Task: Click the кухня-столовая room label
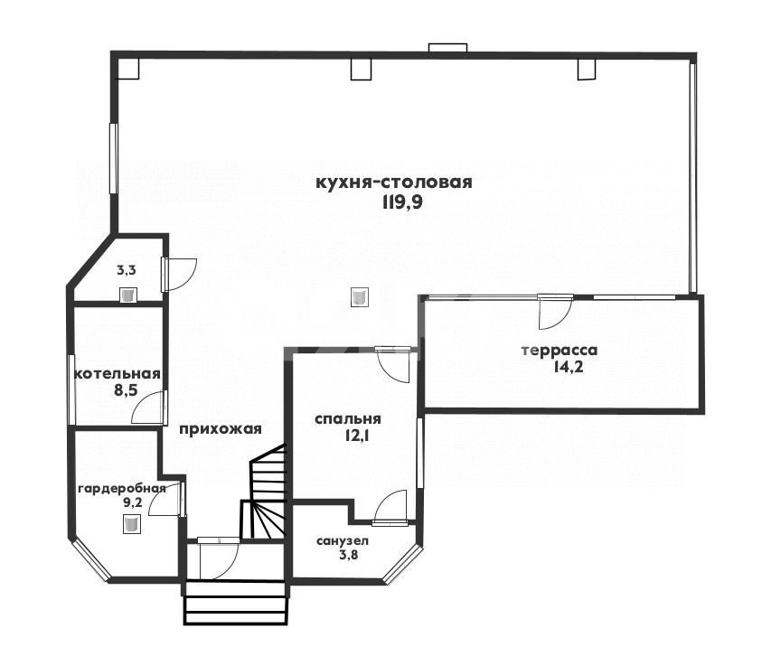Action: [x=393, y=183]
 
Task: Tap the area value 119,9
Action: [x=402, y=202]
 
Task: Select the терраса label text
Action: [x=560, y=351]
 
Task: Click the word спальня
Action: [x=348, y=418]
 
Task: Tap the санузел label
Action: [x=342, y=540]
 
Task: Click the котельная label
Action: [x=118, y=374]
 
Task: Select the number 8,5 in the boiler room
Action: [x=126, y=390]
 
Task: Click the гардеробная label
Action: [x=122, y=489]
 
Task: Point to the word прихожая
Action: [x=221, y=429]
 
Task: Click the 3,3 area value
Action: [x=126, y=271]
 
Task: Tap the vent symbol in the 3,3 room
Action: [x=128, y=295]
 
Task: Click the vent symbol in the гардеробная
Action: [x=131, y=524]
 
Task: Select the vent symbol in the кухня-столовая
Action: [x=359, y=296]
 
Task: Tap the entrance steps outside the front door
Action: [x=235, y=603]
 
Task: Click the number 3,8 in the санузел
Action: [x=349, y=554]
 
